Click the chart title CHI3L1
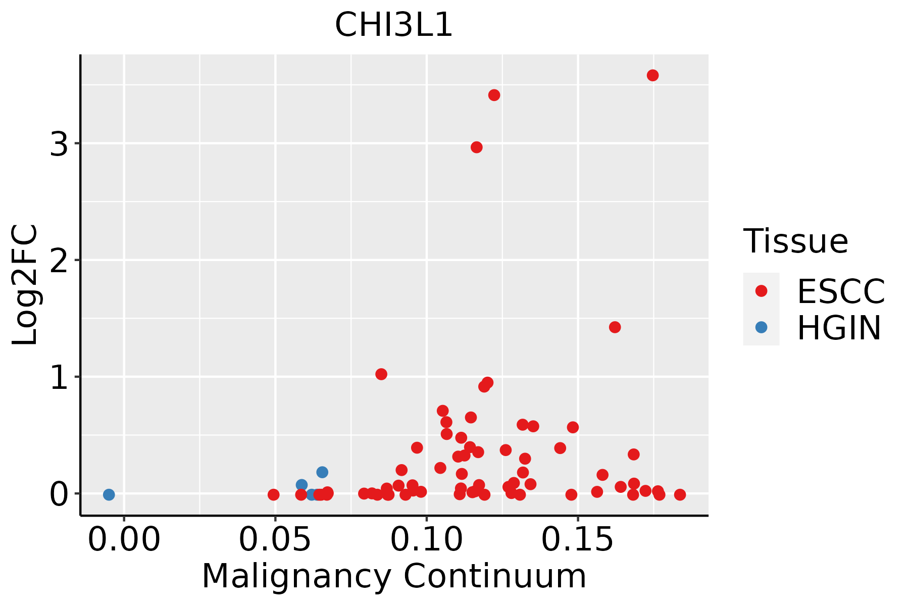coord(393,25)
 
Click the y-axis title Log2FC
coord(25,285)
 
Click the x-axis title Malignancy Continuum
coord(394,576)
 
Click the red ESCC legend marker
coord(761,291)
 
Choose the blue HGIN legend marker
coord(761,327)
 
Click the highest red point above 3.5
coord(652,75)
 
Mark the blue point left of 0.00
coord(109,494)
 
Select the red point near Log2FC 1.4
coord(615,327)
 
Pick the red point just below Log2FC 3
coord(476,147)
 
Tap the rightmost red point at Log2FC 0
coord(680,494)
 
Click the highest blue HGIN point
coord(322,472)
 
